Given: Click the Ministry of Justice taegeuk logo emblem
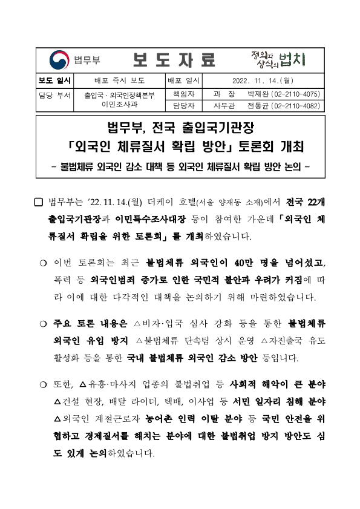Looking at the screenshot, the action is pyautogui.click(x=59, y=59).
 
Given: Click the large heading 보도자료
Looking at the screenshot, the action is pyautogui.click(x=174, y=59).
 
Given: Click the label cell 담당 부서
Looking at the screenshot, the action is pyautogui.click(x=54, y=95).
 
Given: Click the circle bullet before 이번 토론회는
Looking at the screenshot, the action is pyautogui.click(x=43, y=263).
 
